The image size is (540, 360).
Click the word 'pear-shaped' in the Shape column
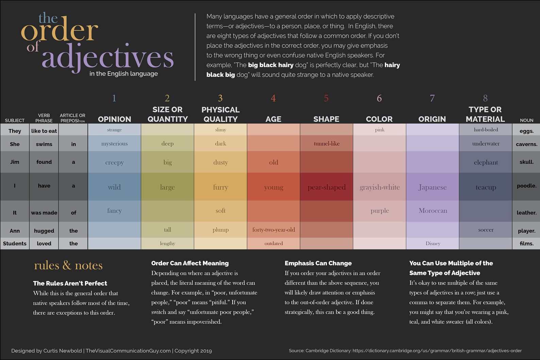tap(326, 187)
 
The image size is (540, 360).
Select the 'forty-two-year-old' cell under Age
tap(273, 230)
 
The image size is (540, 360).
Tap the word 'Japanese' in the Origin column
tap(433, 187)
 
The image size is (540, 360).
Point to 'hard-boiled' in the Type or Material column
tap(486, 130)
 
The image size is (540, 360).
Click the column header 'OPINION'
tap(114, 119)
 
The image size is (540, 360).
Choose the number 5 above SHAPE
tap(326, 98)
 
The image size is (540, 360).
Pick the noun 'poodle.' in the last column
tap(526, 186)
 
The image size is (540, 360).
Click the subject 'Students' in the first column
tap(15, 243)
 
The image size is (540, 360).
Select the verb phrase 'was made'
tap(44, 212)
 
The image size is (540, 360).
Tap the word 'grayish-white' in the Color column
tap(379, 187)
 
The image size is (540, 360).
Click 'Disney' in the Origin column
tap(433, 243)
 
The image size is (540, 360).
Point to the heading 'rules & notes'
tap(68, 265)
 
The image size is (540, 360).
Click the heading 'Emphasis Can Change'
tap(318, 263)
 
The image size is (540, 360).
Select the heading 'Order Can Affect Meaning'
tap(190, 263)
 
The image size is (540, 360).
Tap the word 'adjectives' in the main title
tap(107, 57)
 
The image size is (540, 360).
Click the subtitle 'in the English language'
tap(123, 73)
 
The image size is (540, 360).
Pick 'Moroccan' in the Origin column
tap(433, 211)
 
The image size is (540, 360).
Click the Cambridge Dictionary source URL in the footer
tap(437, 350)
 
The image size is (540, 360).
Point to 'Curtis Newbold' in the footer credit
tap(63, 350)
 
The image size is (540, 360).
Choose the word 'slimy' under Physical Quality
tap(220, 130)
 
